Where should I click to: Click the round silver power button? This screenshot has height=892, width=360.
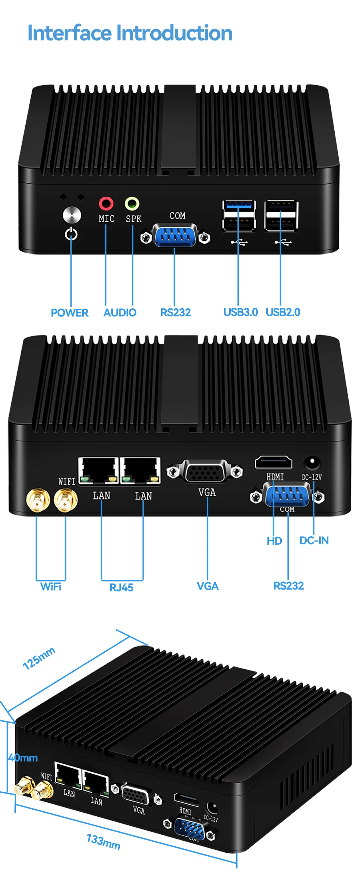pyautogui.click(x=72, y=215)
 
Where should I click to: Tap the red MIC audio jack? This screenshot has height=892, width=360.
pyautogui.click(x=106, y=203)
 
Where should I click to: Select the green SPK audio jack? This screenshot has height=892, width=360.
pyautogui.click(x=132, y=203)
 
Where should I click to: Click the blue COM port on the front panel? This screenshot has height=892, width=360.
pyautogui.click(x=175, y=236)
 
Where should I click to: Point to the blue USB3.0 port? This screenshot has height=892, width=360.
pyautogui.click(x=239, y=205)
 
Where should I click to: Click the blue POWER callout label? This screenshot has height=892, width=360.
pyautogui.click(x=69, y=313)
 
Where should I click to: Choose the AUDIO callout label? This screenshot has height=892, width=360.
pyautogui.click(x=120, y=313)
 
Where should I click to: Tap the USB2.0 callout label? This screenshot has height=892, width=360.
pyautogui.click(x=283, y=312)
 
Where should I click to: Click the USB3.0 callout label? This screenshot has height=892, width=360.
pyautogui.click(x=241, y=312)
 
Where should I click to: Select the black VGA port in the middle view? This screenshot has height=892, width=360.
pyautogui.click(x=205, y=472)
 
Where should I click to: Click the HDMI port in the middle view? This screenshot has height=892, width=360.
pyautogui.click(x=274, y=462)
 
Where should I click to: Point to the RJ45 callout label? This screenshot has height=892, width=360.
pyautogui.click(x=121, y=588)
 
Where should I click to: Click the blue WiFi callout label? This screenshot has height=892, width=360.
pyautogui.click(x=51, y=587)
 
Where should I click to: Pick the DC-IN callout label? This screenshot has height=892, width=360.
pyautogui.click(x=314, y=541)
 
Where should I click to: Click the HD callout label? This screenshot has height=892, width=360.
pyautogui.click(x=274, y=541)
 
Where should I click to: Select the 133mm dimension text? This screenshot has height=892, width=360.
pyautogui.click(x=104, y=842)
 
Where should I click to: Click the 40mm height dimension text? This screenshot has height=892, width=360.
pyautogui.click(x=23, y=757)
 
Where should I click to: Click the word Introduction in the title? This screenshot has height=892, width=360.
pyautogui.click(x=174, y=33)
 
